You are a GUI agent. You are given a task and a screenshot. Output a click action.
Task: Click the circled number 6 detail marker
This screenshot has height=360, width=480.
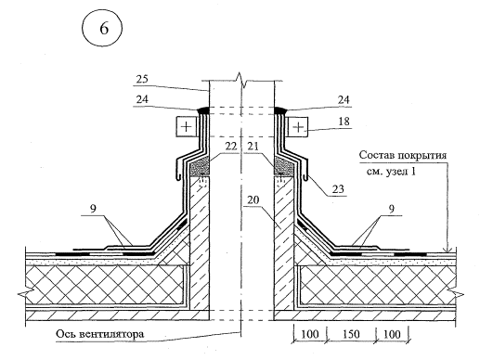pyautogui.click(x=102, y=29)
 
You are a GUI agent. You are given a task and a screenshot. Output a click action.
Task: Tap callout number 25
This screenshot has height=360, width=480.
pyautogui.click(x=142, y=79)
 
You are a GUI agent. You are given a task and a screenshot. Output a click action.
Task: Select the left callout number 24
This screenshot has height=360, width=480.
pyautogui.click(x=142, y=99)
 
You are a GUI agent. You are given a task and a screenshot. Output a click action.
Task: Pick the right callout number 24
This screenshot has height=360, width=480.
pyautogui.click(x=344, y=99)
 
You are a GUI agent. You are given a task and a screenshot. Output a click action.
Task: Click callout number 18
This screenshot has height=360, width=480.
pyautogui.click(x=344, y=121)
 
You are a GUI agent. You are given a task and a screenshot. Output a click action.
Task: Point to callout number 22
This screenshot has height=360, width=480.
pyautogui.click(x=230, y=146)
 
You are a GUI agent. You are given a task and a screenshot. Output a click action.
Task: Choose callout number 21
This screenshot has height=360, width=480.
pyautogui.click(x=253, y=146)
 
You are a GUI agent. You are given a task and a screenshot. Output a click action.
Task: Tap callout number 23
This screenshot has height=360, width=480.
pyautogui.click(x=338, y=188)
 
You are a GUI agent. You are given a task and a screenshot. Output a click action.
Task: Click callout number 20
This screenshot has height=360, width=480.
pyautogui.click(x=253, y=200)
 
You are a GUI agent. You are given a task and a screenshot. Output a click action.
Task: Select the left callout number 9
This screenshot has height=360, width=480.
pyautogui.click(x=93, y=208)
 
